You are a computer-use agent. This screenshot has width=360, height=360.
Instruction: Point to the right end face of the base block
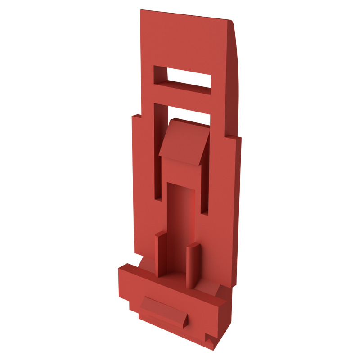tap(224, 322)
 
